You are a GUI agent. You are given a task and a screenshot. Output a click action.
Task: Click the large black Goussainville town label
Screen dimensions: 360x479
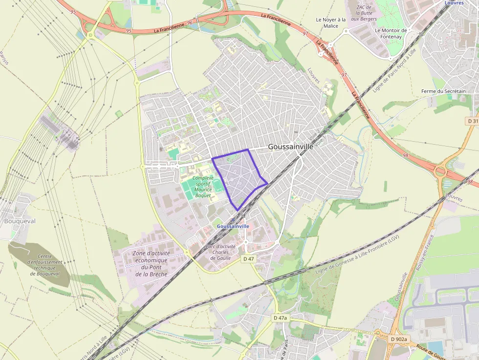tap(290, 146)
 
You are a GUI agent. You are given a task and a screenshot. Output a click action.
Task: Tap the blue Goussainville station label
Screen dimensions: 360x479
tap(233, 227)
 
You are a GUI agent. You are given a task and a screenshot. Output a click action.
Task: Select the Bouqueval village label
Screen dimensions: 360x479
tap(20, 221)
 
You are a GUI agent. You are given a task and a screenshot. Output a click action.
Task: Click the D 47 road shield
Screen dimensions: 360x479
tap(249, 259)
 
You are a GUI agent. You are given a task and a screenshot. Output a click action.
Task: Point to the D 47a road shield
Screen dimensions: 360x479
tap(281, 318)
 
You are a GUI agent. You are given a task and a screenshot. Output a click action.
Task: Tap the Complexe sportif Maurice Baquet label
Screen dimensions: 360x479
tap(202, 187)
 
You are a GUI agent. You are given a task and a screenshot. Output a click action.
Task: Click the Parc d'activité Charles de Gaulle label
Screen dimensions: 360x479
tap(220, 252)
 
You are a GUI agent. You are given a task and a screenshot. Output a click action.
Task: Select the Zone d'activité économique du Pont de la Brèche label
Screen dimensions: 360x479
tap(151, 264)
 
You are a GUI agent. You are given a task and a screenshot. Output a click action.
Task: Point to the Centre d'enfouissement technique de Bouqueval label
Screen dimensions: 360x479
tap(44, 265)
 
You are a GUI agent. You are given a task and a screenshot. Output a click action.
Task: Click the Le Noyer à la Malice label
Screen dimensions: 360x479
tap(330, 23)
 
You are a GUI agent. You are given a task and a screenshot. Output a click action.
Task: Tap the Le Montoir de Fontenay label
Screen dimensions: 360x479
tap(391, 33)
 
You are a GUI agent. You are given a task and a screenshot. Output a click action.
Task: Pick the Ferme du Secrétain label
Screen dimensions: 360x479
tap(443, 91)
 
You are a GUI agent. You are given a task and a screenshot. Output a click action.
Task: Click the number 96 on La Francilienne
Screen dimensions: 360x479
tap(190, 23)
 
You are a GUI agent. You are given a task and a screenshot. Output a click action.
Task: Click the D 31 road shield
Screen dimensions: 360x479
tap(472, 121)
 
